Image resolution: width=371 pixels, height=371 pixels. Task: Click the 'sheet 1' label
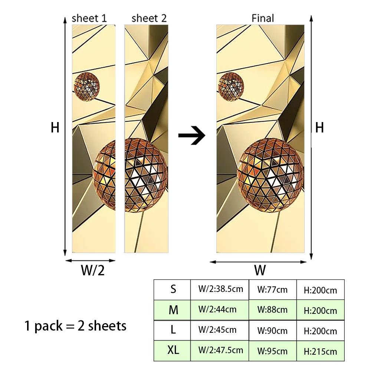click(x=89, y=18)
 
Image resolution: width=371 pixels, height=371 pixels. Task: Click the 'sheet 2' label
click(x=149, y=18)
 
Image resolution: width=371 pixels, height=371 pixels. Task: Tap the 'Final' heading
click(x=263, y=18)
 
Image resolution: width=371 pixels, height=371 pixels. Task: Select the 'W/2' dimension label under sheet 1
click(x=92, y=270)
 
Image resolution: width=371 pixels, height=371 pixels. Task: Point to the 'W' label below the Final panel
click(x=260, y=270)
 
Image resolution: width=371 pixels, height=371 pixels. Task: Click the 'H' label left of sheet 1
click(x=55, y=128)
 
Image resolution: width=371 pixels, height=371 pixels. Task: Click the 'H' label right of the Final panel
click(x=319, y=128)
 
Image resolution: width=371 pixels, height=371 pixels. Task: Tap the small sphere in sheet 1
click(x=87, y=86)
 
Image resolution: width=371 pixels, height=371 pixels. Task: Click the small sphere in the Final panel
click(x=231, y=86)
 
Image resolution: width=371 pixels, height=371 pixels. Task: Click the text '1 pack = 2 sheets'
click(x=76, y=326)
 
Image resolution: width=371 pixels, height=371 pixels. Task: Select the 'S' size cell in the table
click(x=173, y=289)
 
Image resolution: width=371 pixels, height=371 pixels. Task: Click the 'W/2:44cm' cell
click(x=217, y=309)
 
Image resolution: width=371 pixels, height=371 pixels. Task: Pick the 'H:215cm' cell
click(x=321, y=351)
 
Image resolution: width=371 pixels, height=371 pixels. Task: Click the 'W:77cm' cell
click(x=272, y=290)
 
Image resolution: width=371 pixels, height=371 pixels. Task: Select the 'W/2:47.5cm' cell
click(x=221, y=350)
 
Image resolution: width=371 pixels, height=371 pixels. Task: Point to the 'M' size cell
click(x=173, y=310)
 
